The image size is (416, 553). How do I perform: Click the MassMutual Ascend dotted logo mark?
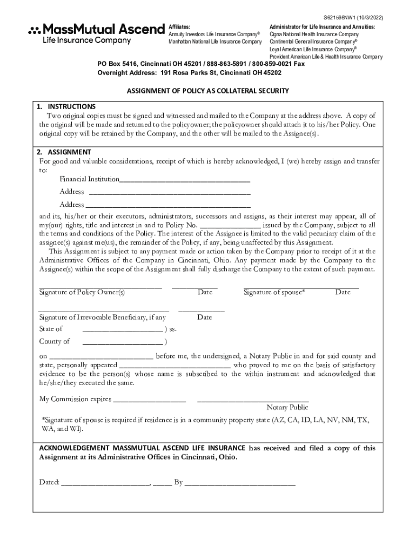34,30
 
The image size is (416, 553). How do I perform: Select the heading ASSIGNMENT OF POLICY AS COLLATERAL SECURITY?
208,91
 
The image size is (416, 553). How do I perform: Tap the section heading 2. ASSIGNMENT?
64,152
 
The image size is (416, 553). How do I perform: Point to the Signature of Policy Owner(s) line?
100,286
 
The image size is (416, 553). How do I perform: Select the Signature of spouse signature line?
301,286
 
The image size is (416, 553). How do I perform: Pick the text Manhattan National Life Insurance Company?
214,42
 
